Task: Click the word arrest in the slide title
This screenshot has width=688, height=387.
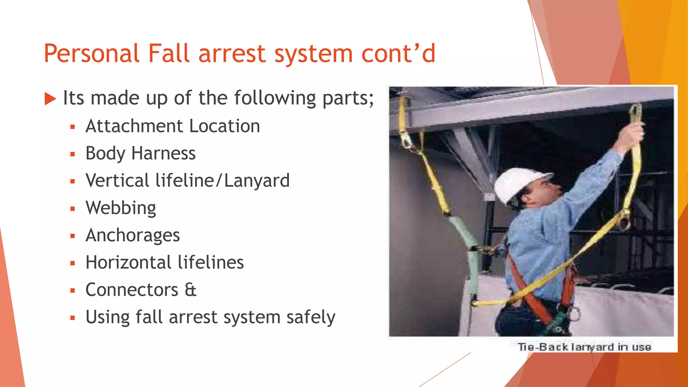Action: click(x=232, y=54)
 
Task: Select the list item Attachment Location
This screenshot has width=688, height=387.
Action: click(x=173, y=126)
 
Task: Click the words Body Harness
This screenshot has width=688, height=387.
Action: click(x=140, y=154)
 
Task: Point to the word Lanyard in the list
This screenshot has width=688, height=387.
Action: click(x=257, y=181)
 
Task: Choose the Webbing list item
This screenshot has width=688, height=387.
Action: click(x=121, y=208)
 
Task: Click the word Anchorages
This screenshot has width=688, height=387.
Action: click(x=133, y=235)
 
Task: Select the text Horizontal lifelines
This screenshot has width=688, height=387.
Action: click(x=165, y=262)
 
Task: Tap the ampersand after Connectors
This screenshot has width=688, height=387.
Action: click(x=190, y=290)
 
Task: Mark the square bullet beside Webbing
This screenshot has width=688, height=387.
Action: click(x=73, y=209)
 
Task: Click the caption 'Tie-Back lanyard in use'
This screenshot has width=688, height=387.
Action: click(x=584, y=347)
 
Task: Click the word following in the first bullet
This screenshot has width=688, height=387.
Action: click(x=275, y=98)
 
